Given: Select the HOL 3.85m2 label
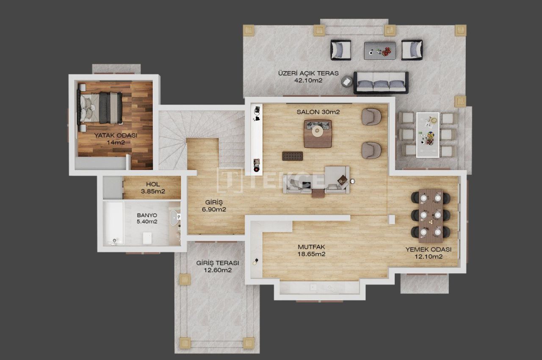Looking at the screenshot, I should coord(152,188).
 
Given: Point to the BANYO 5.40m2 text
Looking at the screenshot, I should coord(147,218).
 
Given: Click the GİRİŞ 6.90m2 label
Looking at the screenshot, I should coord(214,206).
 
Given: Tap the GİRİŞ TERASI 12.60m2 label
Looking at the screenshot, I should coord(217,266).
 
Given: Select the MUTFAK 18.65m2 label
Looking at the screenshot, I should coord(311,250).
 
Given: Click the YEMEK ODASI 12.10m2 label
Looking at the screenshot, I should coord(428,253).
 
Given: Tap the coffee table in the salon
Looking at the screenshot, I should coord(318,133).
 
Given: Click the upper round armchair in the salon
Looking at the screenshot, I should coord(371,116).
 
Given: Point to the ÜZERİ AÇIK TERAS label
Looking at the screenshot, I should coord(308,76).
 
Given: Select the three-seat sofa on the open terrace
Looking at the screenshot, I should coord(381,82).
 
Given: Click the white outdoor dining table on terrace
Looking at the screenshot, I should coord(427,134).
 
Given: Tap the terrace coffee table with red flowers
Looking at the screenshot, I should coord(380,50).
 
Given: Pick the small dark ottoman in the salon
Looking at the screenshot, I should coord(293,155).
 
